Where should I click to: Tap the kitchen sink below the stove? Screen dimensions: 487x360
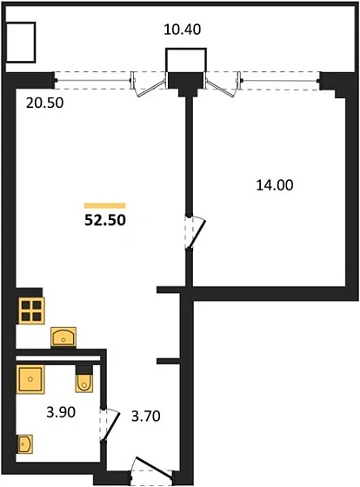tap(63, 337)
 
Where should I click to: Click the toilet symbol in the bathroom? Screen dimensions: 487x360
tap(85, 382)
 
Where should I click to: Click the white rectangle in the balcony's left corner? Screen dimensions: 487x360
tap(21, 41)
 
